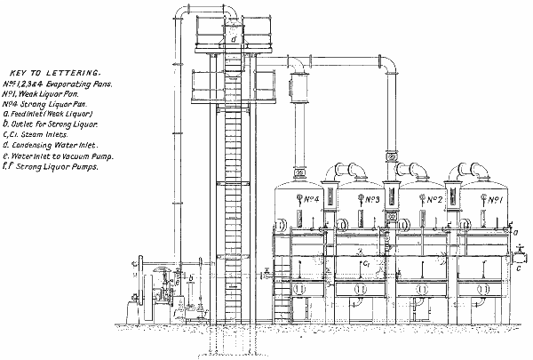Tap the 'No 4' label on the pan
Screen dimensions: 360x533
click(x=311, y=199)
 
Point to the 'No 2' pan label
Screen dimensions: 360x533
click(x=434, y=199)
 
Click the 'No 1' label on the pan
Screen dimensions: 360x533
click(x=493, y=199)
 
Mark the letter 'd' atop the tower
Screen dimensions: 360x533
click(x=233, y=39)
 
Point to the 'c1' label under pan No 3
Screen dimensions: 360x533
click(x=364, y=263)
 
